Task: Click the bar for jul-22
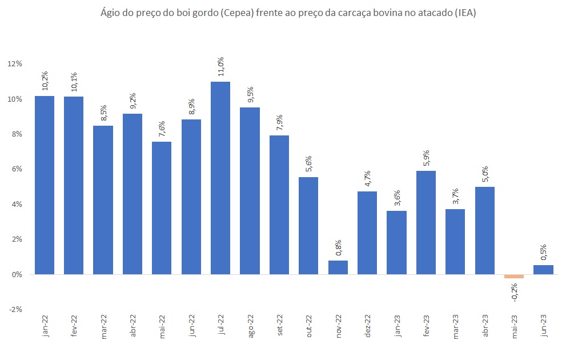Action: click(x=220, y=178)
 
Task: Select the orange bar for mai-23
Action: click(x=514, y=277)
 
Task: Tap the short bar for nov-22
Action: click(x=338, y=267)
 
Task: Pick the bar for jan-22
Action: click(x=45, y=185)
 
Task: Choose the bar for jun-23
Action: click(x=543, y=270)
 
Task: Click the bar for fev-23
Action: click(x=426, y=222)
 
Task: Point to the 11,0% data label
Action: click(x=220, y=67)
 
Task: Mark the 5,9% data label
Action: click(x=426, y=157)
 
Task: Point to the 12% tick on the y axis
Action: click(x=15, y=64)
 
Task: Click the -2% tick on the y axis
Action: click(x=15, y=309)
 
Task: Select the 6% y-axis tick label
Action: click(x=17, y=169)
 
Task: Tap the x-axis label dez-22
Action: click(x=368, y=326)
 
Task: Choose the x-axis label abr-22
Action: click(x=133, y=326)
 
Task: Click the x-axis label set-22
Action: click(x=279, y=326)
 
